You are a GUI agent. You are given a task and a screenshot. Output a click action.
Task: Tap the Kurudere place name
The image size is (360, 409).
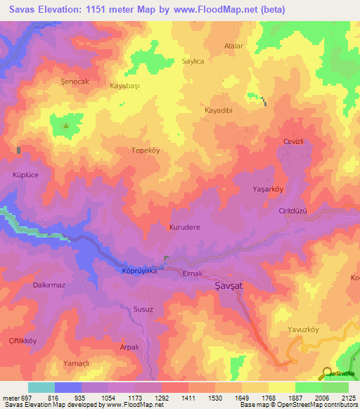click(185, 228)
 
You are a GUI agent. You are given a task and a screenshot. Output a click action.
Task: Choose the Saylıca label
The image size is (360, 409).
click(193, 62)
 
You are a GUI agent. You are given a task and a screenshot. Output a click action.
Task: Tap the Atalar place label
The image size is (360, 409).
click(233, 46)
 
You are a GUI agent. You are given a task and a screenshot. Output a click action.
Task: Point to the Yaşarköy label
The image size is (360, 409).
click(288, 189)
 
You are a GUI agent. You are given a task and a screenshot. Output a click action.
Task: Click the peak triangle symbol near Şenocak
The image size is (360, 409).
click(67, 126)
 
